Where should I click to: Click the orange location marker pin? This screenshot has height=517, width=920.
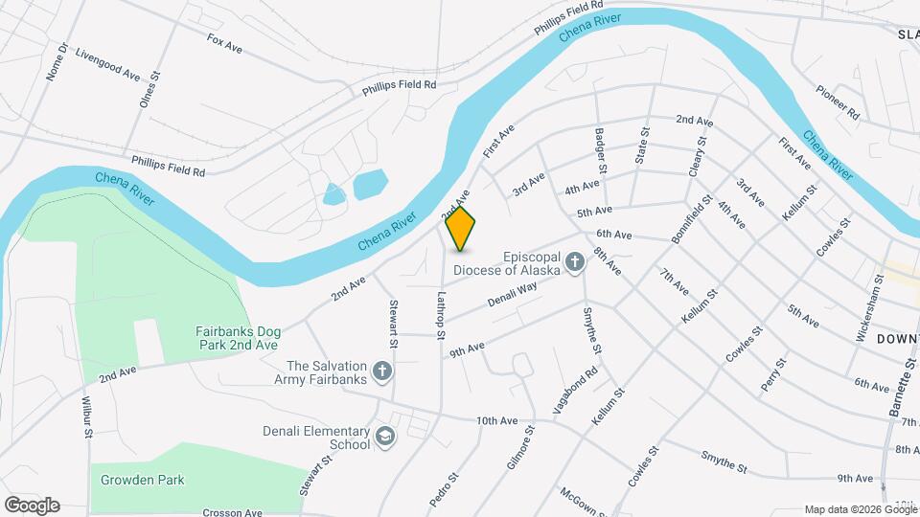coord(461,229)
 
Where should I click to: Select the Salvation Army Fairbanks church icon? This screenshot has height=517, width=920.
coord(382,371)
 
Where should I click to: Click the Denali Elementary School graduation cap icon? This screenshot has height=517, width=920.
coord(384,438)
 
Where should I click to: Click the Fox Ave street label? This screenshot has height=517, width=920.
coord(224,42)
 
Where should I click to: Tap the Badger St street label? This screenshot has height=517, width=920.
coord(601,151)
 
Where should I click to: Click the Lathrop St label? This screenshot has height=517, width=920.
coord(441,314)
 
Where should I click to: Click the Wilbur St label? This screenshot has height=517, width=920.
coord(86,417)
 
